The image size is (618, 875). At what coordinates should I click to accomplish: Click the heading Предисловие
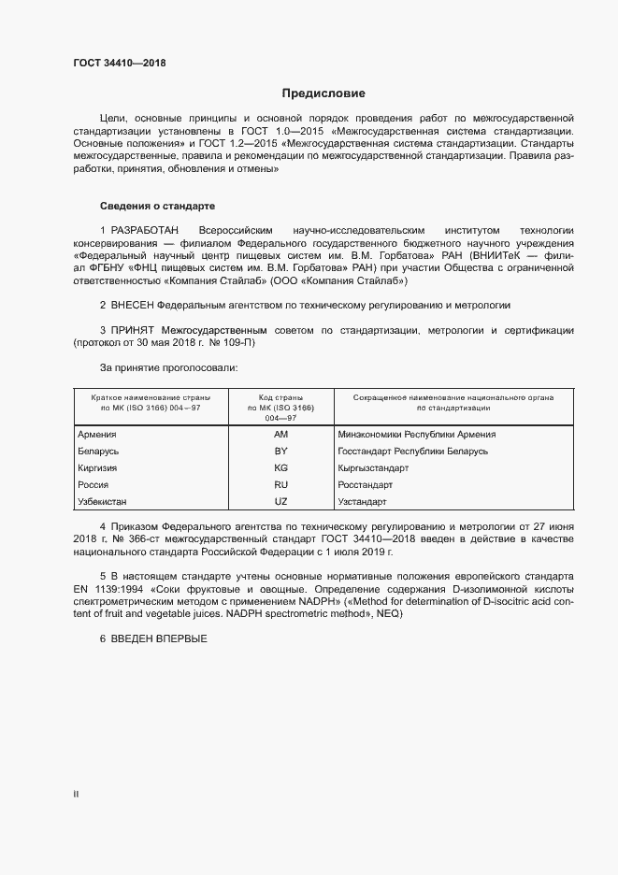pyautogui.click(x=323, y=93)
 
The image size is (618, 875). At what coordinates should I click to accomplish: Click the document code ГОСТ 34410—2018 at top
pyautogui.click(x=120, y=64)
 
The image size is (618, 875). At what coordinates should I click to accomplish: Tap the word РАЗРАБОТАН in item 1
pyautogui.click(x=146, y=230)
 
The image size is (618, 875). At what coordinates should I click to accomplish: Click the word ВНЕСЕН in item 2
pyautogui.click(x=133, y=306)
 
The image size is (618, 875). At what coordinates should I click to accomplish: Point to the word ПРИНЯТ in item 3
pyautogui.click(x=133, y=331)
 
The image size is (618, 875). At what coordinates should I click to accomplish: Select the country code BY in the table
pyautogui.click(x=280, y=452)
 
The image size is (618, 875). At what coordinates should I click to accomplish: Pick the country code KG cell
pyautogui.click(x=280, y=468)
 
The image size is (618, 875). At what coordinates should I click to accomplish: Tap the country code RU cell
pyautogui.click(x=280, y=485)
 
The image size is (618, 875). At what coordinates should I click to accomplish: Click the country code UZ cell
pyautogui.click(x=280, y=502)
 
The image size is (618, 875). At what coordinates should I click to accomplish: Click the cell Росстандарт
pyautogui.click(x=366, y=485)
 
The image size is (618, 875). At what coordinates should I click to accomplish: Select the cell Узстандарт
pyautogui.click(x=363, y=502)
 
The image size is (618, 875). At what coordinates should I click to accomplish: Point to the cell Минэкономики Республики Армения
pyautogui.click(x=417, y=435)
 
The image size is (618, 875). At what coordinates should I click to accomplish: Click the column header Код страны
pyautogui.click(x=280, y=398)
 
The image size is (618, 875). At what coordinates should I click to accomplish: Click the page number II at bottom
pyautogui.click(x=76, y=795)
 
